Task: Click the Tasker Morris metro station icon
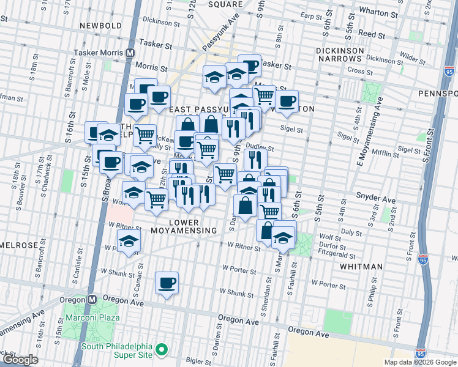click(x=130, y=53)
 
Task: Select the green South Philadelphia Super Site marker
click(x=162, y=349)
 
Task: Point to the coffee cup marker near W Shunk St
click(x=167, y=283)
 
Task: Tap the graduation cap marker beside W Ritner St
click(x=128, y=241)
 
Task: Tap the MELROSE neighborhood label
click(x=18, y=245)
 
